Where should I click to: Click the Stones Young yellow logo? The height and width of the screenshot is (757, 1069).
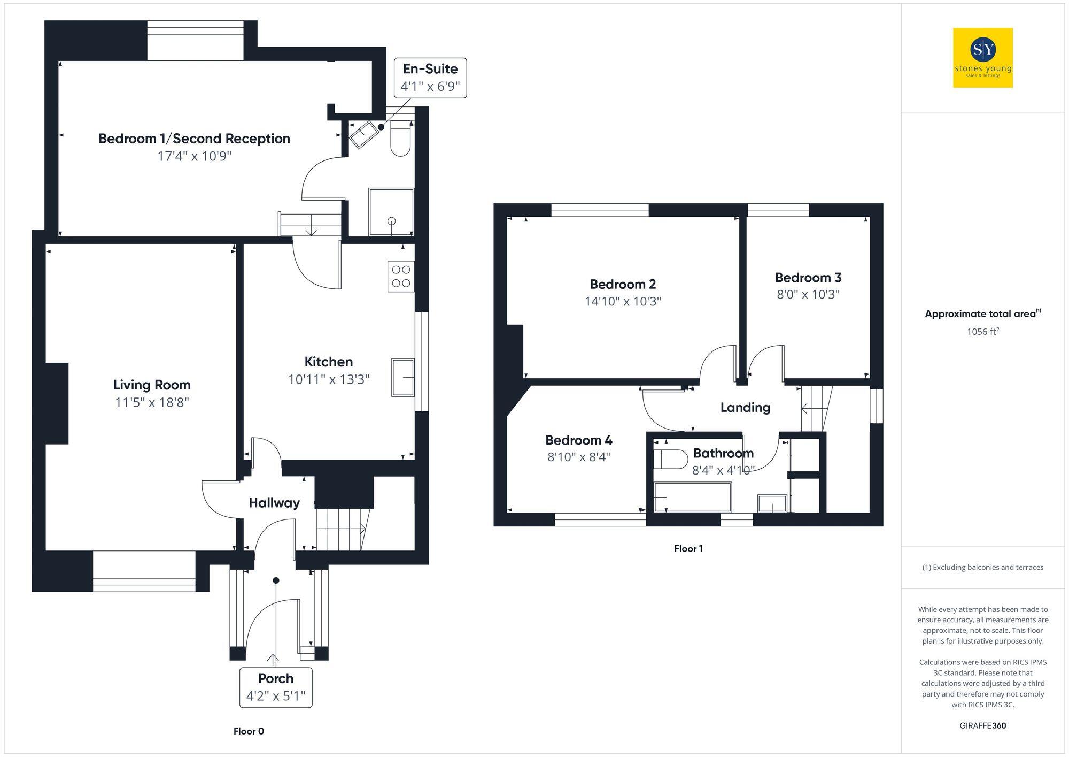(x=982, y=58)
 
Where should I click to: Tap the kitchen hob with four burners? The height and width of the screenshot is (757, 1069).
(x=401, y=277)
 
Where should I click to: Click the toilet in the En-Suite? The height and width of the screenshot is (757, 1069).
(x=400, y=138)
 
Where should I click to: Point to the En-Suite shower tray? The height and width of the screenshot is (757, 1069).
(x=391, y=212)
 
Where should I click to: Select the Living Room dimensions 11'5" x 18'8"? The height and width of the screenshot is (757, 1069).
(x=152, y=402)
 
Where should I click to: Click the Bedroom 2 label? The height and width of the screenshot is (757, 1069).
(x=623, y=284)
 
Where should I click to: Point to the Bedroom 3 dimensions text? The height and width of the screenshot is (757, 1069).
(x=808, y=294)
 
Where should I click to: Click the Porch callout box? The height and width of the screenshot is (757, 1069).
(x=276, y=687)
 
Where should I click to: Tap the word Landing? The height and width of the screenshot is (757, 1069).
(x=745, y=408)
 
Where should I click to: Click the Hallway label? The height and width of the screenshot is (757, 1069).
(x=274, y=503)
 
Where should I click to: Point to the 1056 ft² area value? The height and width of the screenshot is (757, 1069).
(x=982, y=332)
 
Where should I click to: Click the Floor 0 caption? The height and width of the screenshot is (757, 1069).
(x=249, y=731)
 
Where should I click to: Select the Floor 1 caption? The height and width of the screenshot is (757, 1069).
(x=688, y=549)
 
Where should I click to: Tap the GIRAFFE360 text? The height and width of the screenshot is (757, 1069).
(x=982, y=726)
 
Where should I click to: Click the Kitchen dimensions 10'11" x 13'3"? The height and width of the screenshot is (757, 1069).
(x=329, y=379)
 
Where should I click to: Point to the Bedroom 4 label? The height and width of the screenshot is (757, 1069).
(x=579, y=440)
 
